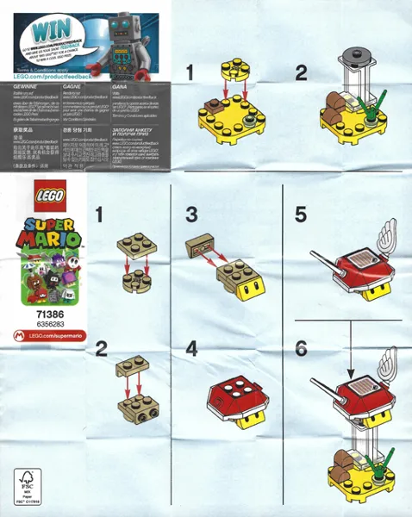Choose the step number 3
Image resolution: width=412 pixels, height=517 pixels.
pos(192,213)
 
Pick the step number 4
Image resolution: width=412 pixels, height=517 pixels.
pos(192,349)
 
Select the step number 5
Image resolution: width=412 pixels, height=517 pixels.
pos(300,213)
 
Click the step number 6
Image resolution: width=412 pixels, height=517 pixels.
pos(300,349)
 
